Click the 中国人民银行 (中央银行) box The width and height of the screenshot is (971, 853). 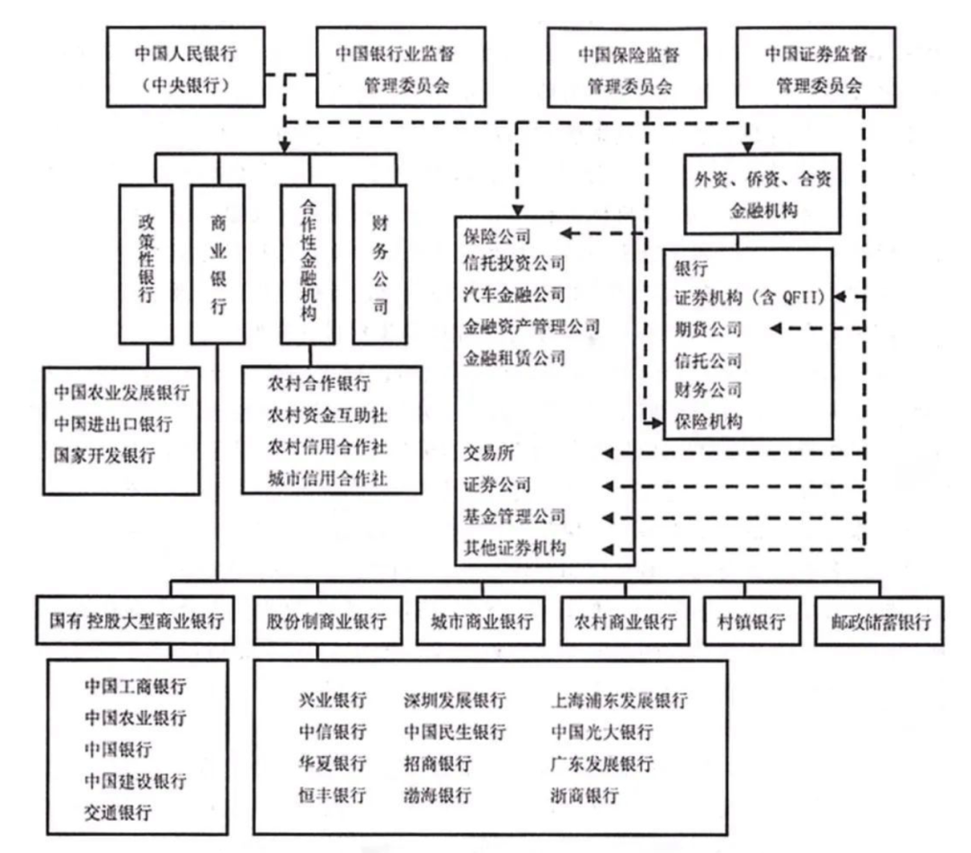[186, 67]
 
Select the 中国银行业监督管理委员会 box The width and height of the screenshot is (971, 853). [401, 67]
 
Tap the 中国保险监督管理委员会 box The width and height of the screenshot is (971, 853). [627, 67]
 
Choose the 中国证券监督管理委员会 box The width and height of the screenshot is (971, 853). [815, 67]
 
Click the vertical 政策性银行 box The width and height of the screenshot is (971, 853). [147, 264]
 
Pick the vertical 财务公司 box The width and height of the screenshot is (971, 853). [379, 264]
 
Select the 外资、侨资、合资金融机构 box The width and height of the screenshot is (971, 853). [762, 194]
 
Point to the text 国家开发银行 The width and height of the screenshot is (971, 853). [104, 456]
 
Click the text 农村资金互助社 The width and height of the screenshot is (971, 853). [327, 414]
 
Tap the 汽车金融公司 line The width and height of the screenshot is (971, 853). [514, 294]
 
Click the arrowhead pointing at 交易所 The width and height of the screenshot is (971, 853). [608, 454]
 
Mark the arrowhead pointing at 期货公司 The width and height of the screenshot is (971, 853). [775, 328]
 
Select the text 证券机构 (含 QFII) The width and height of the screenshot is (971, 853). [749, 298]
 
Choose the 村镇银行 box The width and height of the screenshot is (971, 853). [751, 621]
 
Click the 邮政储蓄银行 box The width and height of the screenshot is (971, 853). [879, 621]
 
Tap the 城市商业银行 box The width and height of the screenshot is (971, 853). [481, 621]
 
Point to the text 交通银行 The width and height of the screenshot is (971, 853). [118, 813]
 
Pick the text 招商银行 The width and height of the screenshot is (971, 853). [438, 763]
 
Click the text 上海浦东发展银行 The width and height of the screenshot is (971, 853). [619, 700]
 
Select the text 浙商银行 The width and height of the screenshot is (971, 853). [584, 795]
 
